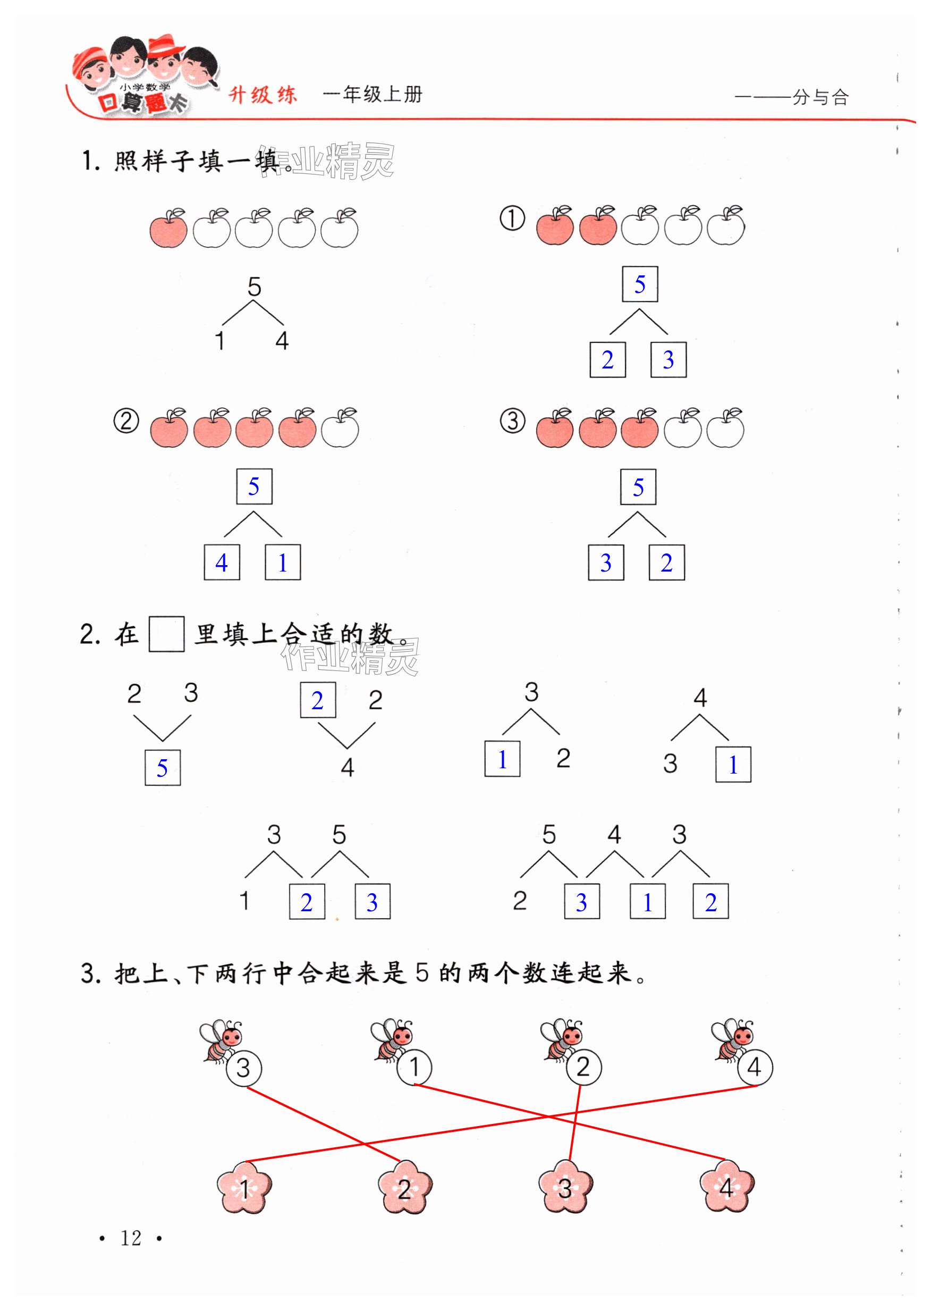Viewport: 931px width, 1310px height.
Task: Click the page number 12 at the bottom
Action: (131, 1238)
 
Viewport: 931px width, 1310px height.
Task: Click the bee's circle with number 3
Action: (243, 1068)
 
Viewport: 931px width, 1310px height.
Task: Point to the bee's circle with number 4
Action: (755, 1067)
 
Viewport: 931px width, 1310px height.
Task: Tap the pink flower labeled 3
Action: (565, 1186)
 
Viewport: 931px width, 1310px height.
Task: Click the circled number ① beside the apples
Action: (512, 219)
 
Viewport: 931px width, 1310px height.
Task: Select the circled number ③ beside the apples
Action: (512, 421)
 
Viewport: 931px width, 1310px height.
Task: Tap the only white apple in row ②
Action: (340, 429)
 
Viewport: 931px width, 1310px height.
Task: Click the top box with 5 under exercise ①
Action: (640, 284)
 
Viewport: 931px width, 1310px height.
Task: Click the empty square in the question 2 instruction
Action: (166, 634)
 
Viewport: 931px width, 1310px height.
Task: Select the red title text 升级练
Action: (263, 95)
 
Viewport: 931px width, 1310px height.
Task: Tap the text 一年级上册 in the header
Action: (373, 94)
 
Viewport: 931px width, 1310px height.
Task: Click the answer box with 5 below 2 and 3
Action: (162, 767)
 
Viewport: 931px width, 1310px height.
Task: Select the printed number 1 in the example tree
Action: (219, 341)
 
